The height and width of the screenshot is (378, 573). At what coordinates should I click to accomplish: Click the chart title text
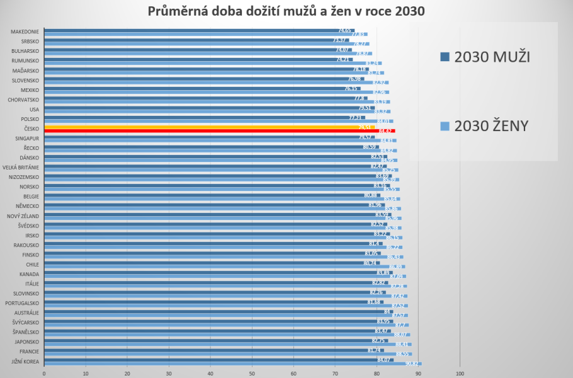(x=286, y=11)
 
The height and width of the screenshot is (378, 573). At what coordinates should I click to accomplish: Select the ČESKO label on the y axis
(x=30, y=129)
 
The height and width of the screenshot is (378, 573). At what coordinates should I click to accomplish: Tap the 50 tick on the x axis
(x=252, y=373)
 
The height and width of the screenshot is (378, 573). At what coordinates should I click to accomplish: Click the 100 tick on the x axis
(x=460, y=373)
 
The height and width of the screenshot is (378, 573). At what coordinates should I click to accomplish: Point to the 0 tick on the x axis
(x=44, y=373)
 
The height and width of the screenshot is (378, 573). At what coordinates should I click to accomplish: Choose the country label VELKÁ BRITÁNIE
(x=21, y=168)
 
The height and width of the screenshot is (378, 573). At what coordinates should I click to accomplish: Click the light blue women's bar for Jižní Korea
(x=233, y=364)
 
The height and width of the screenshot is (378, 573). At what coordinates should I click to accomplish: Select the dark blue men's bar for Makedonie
(x=189, y=30)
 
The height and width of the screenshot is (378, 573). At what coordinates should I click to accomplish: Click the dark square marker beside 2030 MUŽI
(x=445, y=57)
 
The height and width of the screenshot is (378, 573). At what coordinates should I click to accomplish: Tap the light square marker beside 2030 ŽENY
(x=445, y=126)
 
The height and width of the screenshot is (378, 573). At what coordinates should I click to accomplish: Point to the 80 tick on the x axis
(x=377, y=373)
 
